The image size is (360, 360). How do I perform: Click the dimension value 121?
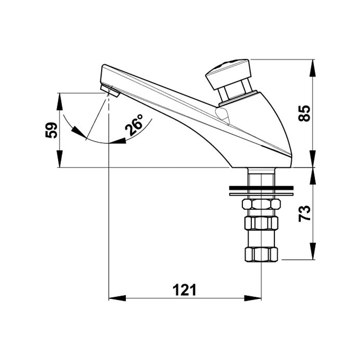[184, 290]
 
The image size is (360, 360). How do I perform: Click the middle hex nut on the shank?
[261, 223]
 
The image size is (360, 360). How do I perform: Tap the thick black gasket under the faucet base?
[261, 188]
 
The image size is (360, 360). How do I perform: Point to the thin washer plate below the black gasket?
[261, 194]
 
